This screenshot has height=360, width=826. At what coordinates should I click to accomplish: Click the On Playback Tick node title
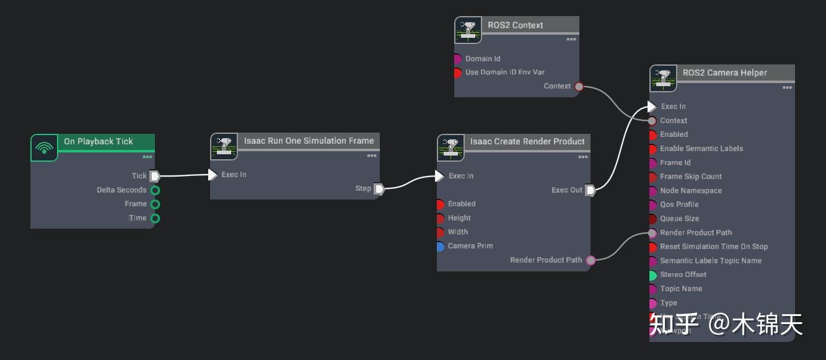tap(98, 141)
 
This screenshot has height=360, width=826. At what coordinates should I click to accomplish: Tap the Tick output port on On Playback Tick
tap(155, 176)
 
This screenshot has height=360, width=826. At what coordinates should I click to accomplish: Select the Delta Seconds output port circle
tap(155, 190)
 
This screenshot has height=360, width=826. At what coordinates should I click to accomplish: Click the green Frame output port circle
tap(155, 204)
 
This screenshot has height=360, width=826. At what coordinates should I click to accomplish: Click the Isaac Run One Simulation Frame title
tap(309, 141)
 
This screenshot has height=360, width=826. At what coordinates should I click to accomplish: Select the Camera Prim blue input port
tap(440, 247)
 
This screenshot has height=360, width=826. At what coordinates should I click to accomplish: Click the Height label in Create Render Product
tap(459, 218)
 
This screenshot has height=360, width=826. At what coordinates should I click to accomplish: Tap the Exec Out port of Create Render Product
tap(591, 190)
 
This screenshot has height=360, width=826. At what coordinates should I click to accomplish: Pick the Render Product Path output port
tap(591, 260)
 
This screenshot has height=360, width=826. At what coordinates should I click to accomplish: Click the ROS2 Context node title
tap(515, 25)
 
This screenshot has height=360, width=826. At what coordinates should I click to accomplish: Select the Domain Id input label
tap(483, 59)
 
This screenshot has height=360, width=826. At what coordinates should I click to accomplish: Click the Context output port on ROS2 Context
tap(579, 87)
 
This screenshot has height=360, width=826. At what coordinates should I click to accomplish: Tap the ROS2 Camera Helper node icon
tap(663, 79)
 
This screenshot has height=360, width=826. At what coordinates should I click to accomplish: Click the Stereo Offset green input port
tap(652, 275)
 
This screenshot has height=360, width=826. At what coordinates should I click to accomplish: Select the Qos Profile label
tap(679, 204)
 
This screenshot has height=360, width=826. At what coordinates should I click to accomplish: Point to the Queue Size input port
tap(652, 219)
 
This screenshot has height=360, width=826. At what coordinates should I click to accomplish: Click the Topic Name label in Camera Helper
tap(681, 289)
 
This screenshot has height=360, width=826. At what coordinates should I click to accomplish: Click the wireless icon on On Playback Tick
tap(44, 148)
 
